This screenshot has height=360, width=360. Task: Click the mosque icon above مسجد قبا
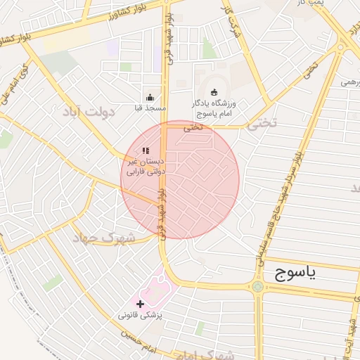[x=149, y=98]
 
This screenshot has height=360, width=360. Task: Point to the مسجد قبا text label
[x=149, y=109]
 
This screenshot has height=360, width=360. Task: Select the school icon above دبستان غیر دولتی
[x=146, y=150]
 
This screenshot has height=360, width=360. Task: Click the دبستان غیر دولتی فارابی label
[x=144, y=166]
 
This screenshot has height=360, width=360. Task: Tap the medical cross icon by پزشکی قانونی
[x=141, y=304]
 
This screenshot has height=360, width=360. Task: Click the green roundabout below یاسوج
[x=258, y=287]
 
